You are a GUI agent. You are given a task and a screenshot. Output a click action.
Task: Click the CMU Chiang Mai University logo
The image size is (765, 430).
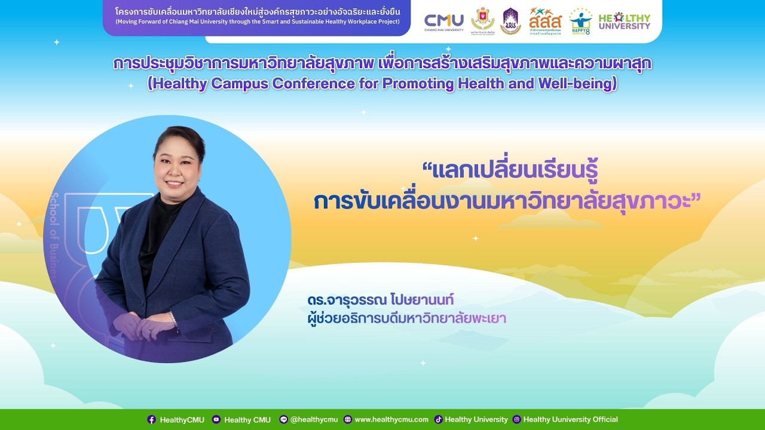(443, 21)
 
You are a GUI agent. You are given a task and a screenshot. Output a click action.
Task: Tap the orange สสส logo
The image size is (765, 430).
(544, 21)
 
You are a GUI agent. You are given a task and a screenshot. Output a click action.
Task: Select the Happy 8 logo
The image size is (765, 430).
(579, 21)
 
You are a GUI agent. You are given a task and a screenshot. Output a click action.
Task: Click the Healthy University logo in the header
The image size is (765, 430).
(624, 21)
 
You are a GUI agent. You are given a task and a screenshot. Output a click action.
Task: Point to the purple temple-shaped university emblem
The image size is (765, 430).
(510, 21)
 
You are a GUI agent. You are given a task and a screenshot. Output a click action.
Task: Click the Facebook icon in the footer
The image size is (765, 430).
(152, 419)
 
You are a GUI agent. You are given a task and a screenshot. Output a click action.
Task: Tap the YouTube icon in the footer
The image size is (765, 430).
(216, 419)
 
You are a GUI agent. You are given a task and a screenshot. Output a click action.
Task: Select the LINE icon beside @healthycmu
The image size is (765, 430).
(283, 419)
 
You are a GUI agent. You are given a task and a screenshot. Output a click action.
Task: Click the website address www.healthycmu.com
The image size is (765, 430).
(391, 419)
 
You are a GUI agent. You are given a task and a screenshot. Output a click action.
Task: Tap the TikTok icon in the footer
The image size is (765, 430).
(438, 419)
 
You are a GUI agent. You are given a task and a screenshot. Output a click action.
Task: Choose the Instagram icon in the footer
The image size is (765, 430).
(517, 419)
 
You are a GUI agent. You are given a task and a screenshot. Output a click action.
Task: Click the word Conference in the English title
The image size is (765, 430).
(313, 84)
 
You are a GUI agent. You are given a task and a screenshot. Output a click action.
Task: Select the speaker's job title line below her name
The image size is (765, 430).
(405, 318)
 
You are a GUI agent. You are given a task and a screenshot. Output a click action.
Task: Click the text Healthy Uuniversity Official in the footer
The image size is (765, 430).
(570, 419)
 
